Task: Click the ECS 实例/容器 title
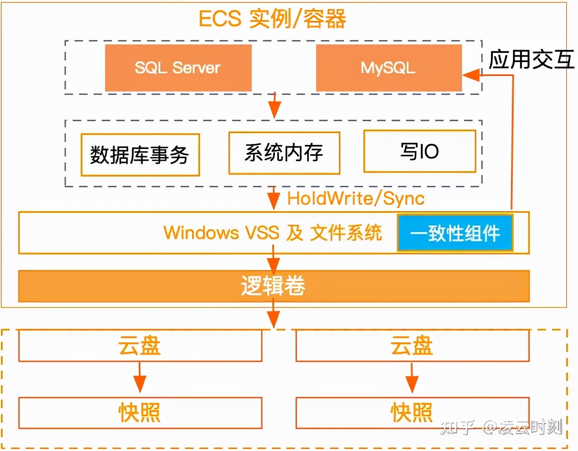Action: [x=272, y=19]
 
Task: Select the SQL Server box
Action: [x=178, y=68]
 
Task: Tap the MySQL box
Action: [x=388, y=68]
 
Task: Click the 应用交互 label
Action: [x=531, y=60]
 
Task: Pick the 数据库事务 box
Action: [x=140, y=155]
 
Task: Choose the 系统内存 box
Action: [x=284, y=153]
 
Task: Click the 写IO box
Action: [x=419, y=151]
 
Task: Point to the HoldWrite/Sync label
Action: [x=356, y=198]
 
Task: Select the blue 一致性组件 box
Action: [x=455, y=233]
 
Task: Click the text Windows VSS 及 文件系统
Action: [x=273, y=233]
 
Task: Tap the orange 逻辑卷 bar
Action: [x=274, y=286]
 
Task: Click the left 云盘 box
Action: [x=140, y=346]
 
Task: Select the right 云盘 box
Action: [x=412, y=346]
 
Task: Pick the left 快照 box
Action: [x=140, y=413]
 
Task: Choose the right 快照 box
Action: [x=412, y=413]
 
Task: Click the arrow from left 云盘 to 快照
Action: [x=140, y=378]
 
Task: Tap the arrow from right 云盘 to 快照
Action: [x=412, y=378]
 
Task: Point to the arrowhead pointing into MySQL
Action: [x=471, y=75]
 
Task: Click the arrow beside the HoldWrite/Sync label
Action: [x=274, y=198]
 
